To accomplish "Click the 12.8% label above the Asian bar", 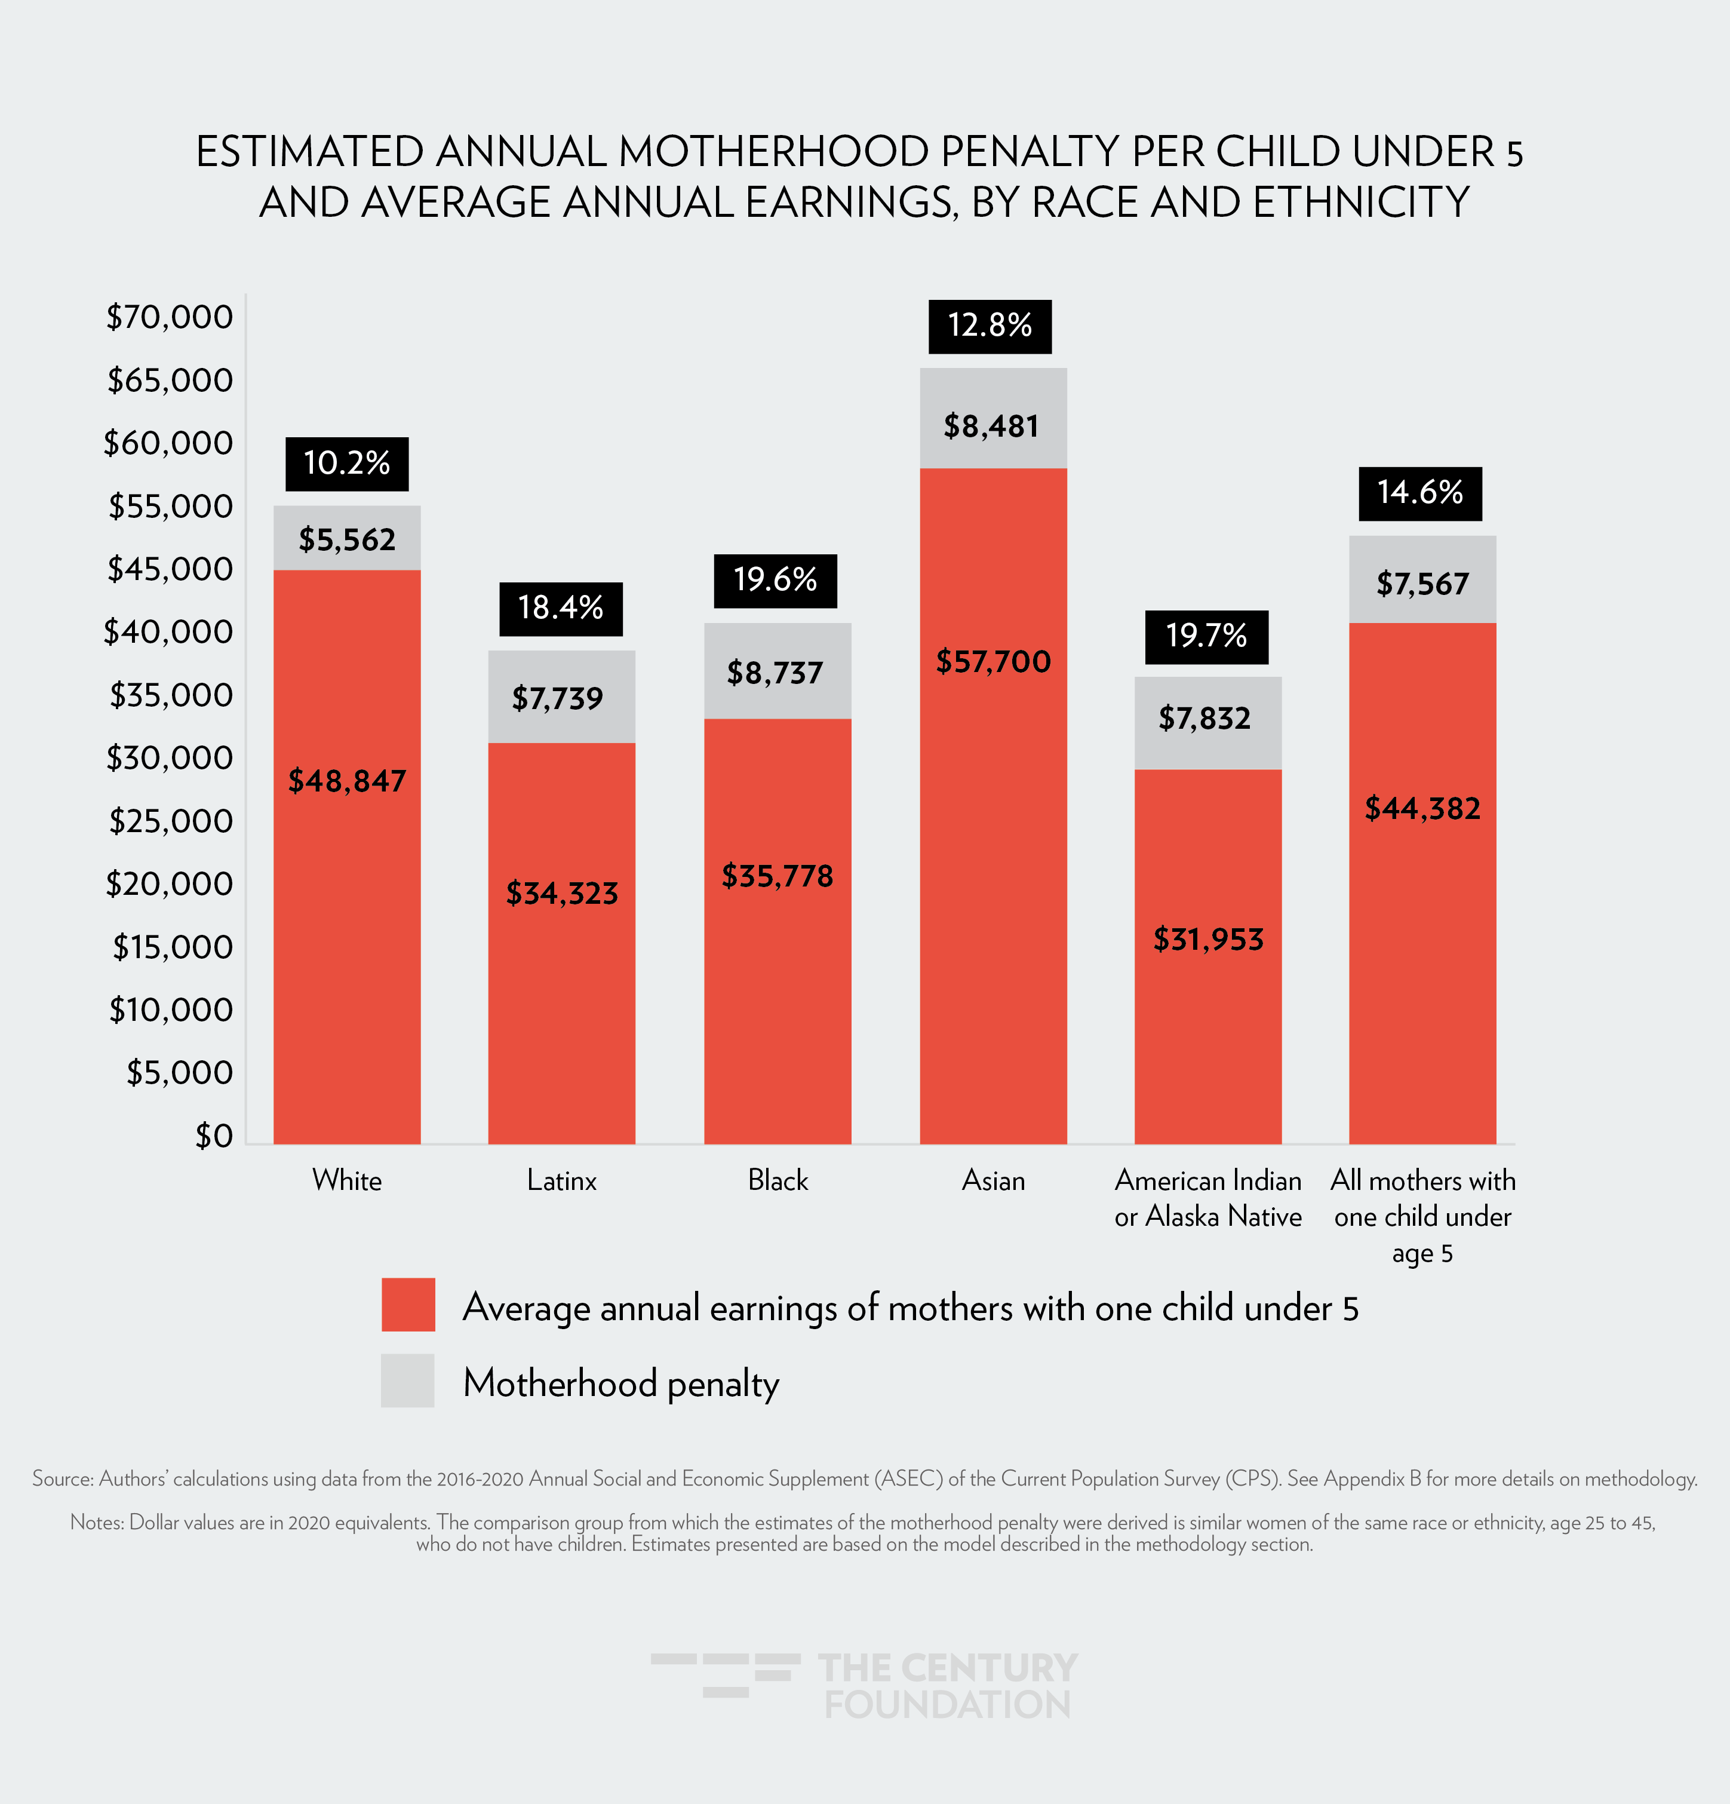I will [x=990, y=326].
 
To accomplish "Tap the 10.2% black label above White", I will [x=347, y=463].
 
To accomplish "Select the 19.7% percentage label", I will [x=1206, y=636].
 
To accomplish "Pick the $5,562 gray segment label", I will [x=347, y=539].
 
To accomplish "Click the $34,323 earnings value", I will [x=561, y=893].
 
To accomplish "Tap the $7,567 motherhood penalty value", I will [x=1422, y=584].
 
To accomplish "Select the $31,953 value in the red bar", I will [x=1208, y=939].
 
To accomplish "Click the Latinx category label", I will [x=561, y=1180].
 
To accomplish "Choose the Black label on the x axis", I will [x=778, y=1180].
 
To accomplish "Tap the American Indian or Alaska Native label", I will [x=1208, y=1198].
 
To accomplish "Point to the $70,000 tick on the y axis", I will [x=170, y=317].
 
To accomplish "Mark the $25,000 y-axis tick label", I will [x=171, y=821].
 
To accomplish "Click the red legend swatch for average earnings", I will [x=408, y=1304].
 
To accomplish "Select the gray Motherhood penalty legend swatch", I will [x=408, y=1380].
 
